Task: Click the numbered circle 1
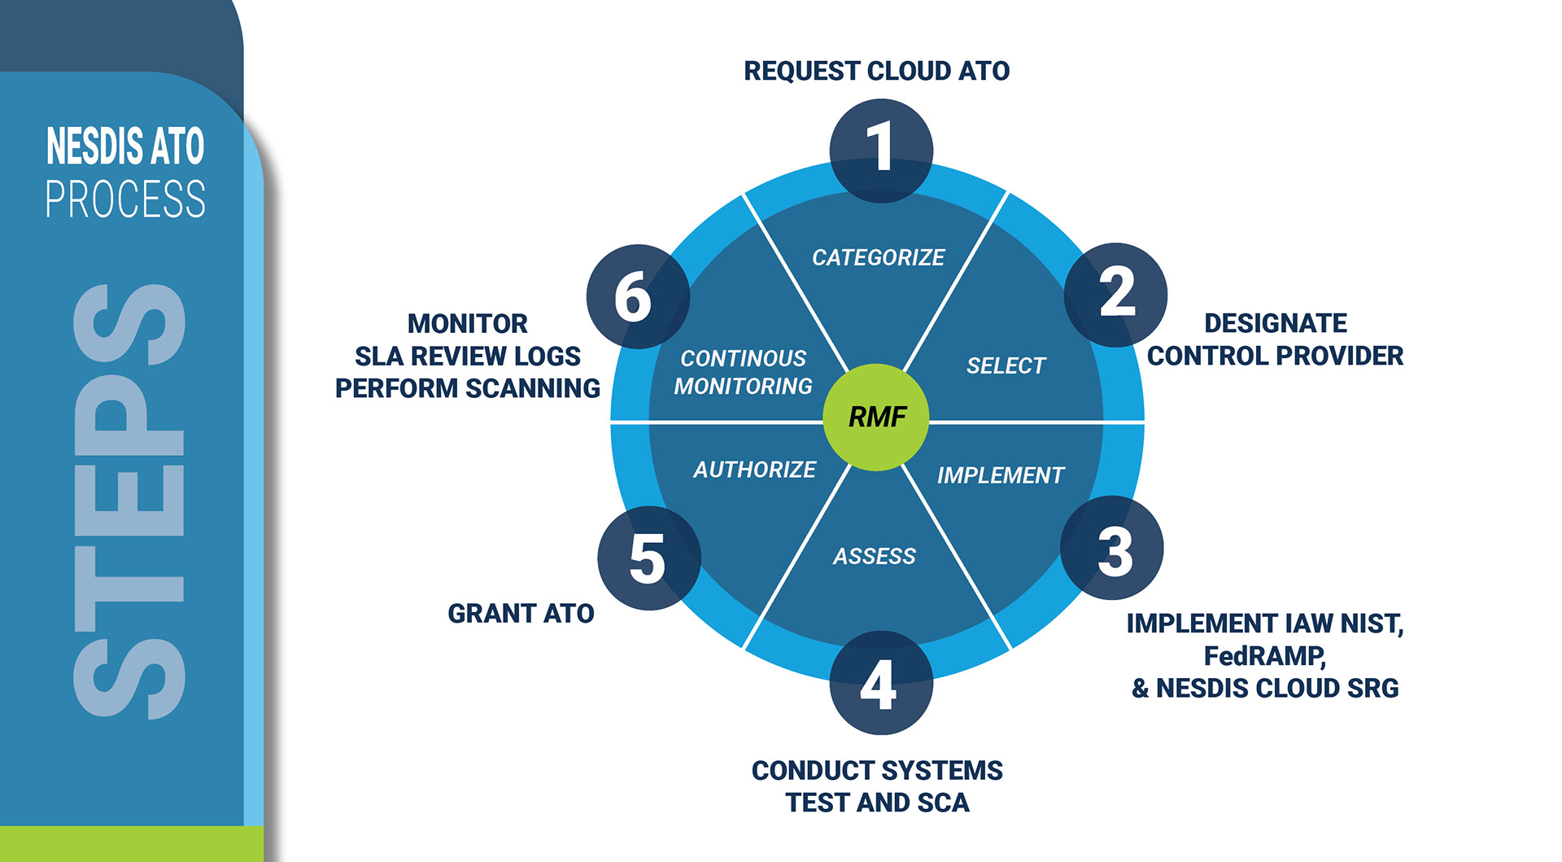point(881,151)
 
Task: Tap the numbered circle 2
point(1115,295)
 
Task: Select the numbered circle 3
point(1112,548)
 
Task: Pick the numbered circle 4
point(881,682)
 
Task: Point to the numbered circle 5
point(649,558)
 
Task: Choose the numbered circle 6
point(638,296)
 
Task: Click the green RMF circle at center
point(876,417)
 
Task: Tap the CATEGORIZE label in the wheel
point(878,258)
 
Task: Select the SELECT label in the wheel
point(1006,366)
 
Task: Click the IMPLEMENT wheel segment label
point(1000,475)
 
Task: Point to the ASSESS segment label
point(875,557)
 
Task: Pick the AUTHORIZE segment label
point(754,470)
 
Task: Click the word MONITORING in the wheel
point(743,387)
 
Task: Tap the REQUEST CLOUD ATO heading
point(876,72)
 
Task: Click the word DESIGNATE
point(1275,323)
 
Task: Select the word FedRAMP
point(1264,656)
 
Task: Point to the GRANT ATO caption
point(521,614)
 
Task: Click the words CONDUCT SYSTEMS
point(877,771)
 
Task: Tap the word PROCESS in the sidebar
point(125,199)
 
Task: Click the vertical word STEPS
point(130,501)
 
